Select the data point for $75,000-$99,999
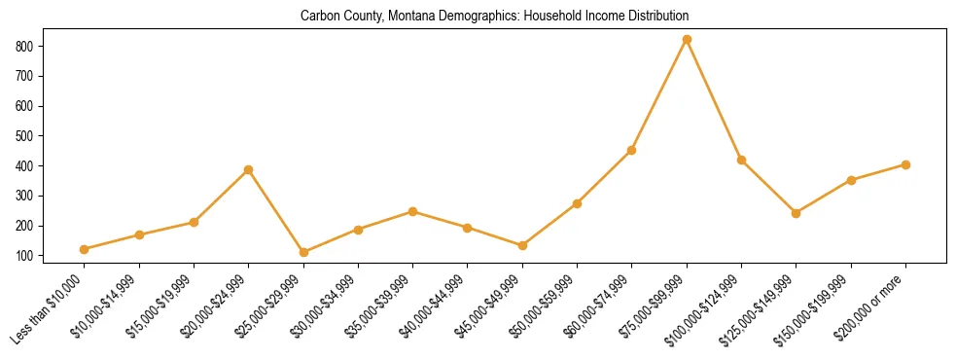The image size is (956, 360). (688, 40)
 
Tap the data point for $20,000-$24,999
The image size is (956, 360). (249, 169)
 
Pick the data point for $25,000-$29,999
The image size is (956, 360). (303, 252)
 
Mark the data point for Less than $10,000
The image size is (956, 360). (85, 249)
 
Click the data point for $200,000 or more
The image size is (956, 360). (906, 164)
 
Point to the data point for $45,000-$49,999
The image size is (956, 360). (522, 245)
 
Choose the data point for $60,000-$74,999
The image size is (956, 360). (632, 150)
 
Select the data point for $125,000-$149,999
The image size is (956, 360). (797, 213)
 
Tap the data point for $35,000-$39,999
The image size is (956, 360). (413, 211)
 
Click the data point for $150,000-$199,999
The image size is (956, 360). (851, 180)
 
